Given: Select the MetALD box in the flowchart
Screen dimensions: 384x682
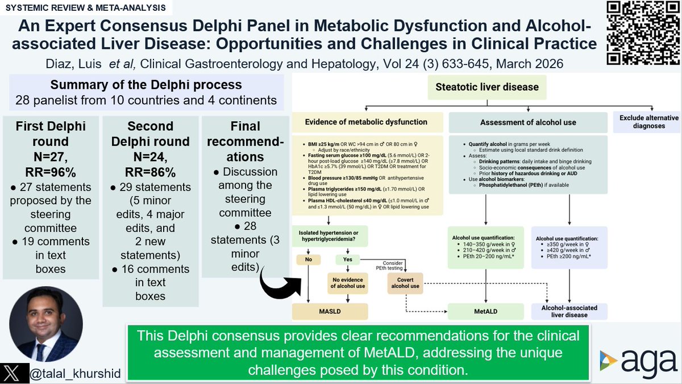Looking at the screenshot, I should [x=486, y=311].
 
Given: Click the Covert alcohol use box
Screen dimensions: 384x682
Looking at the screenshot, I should [x=406, y=282].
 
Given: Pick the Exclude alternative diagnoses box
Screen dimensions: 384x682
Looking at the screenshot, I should [x=645, y=122].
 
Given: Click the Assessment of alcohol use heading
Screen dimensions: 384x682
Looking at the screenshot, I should [x=528, y=122].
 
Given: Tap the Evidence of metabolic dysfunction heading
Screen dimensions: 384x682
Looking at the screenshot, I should [x=366, y=122].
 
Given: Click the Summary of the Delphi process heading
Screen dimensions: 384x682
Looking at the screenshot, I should [x=146, y=85].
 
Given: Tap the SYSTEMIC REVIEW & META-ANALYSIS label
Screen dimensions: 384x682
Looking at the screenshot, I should [x=85, y=8].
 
